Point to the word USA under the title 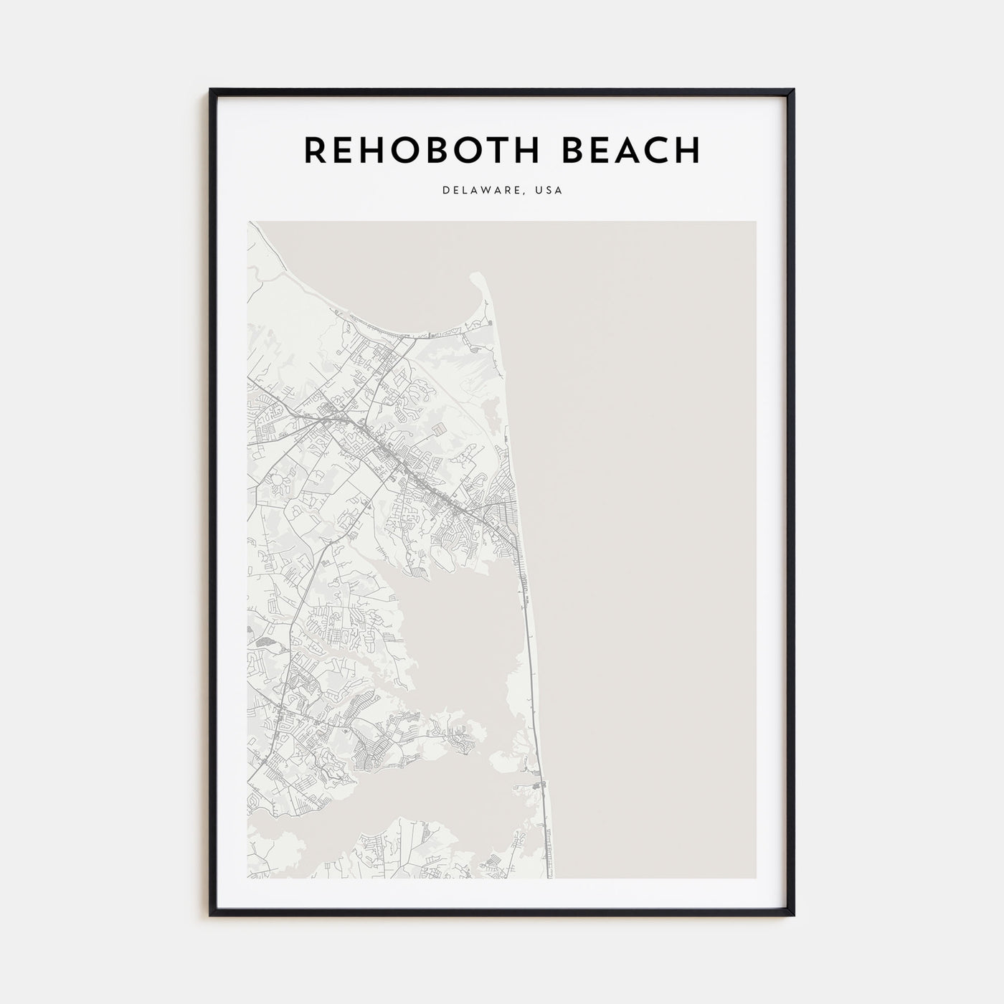(549, 191)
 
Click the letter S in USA (549, 191)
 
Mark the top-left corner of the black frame (211, 90)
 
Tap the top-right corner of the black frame (793, 90)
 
